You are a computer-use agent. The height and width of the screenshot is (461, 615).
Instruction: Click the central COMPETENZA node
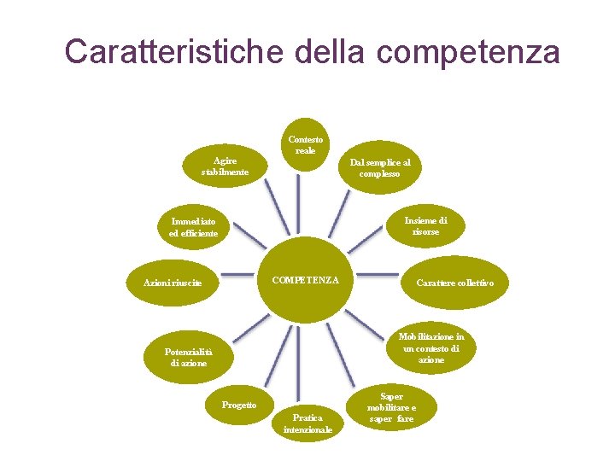pyautogui.click(x=305, y=280)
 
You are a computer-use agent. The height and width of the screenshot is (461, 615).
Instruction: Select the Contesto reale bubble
pyautogui.click(x=305, y=144)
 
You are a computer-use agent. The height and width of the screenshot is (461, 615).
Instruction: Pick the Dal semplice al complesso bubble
pyautogui.click(x=379, y=167)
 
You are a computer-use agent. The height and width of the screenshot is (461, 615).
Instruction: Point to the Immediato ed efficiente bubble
pyautogui.click(x=193, y=226)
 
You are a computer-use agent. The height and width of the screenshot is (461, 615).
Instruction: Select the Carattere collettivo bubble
pyautogui.click(x=454, y=282)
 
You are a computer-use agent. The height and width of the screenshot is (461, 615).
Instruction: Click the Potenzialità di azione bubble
pyautogui.click(x=188, y=357)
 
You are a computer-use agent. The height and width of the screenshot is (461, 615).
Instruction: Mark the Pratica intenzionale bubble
pyautogui.click(x=307, y=423)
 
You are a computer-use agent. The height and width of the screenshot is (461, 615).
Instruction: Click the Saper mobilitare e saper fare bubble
pyautogui.click(x=392, y=408)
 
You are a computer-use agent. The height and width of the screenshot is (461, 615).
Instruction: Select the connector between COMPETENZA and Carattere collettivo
pyautogui.click(x=376, y=275)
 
